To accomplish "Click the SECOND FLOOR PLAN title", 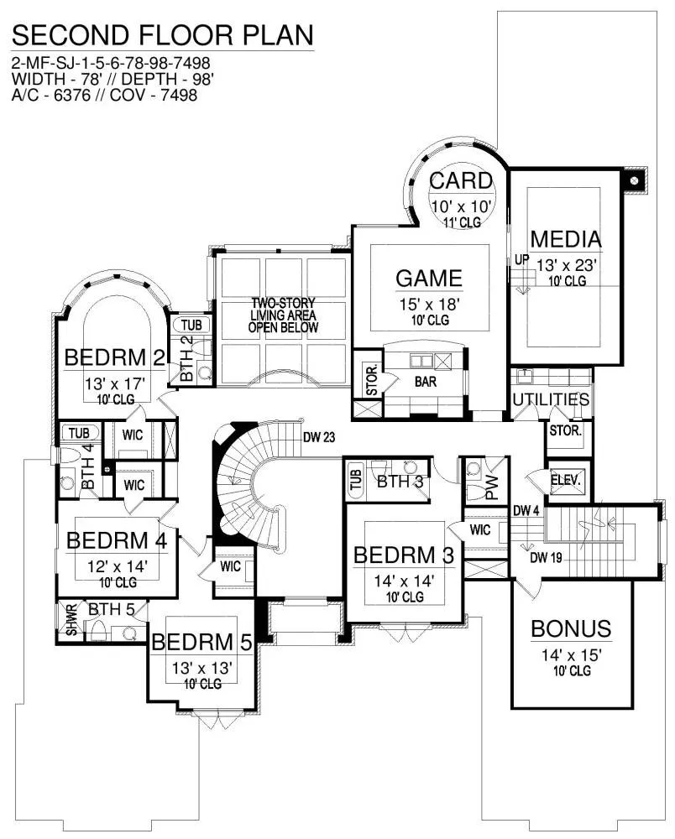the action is (162, 35).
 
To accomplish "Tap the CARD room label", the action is (461, 181).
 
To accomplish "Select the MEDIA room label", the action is (566, 239).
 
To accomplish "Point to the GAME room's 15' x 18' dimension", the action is (430, 305).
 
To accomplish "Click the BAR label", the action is (426, 382).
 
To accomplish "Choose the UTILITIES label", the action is (551, 399).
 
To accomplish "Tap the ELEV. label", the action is (566, 481).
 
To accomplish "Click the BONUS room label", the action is (571, 628).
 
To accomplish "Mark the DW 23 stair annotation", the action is (319, 438).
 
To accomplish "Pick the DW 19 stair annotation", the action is (546, 558).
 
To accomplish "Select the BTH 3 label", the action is (400, 481).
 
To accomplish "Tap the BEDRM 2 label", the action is (114, 357).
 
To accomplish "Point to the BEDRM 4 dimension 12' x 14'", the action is (118, 566).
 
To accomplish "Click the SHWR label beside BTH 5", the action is (71, 621).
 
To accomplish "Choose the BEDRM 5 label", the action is (201, 642).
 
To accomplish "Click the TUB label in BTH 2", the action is (191, 326).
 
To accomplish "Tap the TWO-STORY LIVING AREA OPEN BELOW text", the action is (283, 315).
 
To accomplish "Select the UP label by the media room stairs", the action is (522, 259).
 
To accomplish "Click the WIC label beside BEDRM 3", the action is (480, 529).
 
